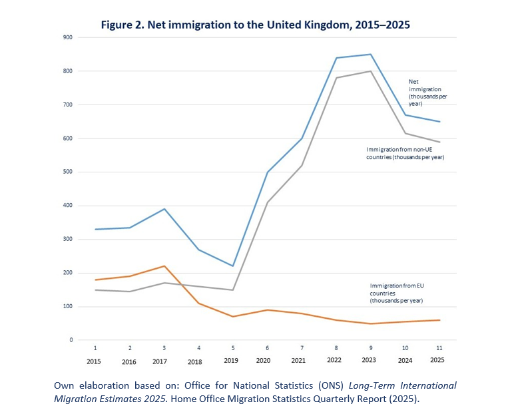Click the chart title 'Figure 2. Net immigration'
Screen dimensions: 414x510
pyautogui.click(x=255, y=25)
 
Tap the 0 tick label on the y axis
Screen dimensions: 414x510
pyautogui.click(x=71, y=340)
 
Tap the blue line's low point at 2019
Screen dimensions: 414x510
pyautogui.click(x=233, y=266)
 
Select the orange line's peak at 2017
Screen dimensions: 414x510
pyautogui.click(x=164, y=266)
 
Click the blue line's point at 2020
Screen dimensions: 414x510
pyautogui.click(x=268, y=172)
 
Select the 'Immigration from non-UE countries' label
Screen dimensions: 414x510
pyautogui.click(x=405, y=153)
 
